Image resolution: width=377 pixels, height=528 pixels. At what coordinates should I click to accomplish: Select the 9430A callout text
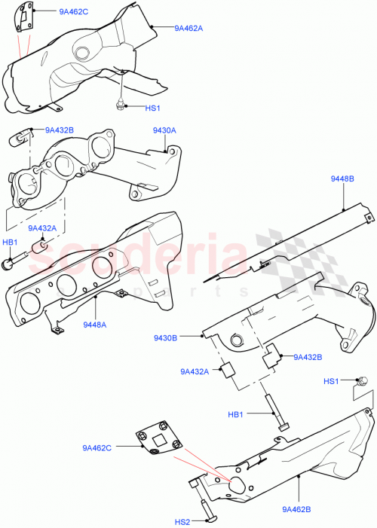click(164, 130)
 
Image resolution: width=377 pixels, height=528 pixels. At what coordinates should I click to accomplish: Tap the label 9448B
click(342, 179)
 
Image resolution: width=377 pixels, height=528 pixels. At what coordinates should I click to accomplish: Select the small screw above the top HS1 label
click(120, 102)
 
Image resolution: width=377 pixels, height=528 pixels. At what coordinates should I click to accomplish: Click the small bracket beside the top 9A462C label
click(25, 20)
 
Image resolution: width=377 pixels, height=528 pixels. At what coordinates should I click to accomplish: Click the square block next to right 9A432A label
click(226, 370)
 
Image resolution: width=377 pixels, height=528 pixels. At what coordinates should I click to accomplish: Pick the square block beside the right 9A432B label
click(271, 356)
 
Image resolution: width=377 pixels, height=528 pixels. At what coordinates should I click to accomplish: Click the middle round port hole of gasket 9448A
click(66, 285)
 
